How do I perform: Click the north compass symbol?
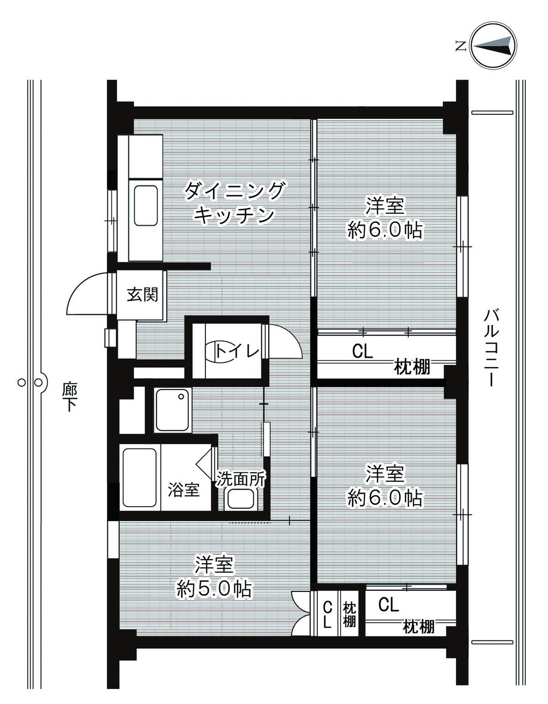[x=494, y=46]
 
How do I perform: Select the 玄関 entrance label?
[x=142, y=294]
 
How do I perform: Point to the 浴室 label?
[x=183, y=490]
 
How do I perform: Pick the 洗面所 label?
[x=241, y=479]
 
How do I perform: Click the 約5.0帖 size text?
[x=214, y=590]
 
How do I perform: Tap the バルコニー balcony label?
[x=491, y=347]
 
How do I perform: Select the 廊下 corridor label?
[x=69, y=396]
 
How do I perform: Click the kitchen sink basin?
[x=146, y=206]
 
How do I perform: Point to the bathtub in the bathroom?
[x=140, y=477]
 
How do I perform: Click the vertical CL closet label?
[x=327, y=615]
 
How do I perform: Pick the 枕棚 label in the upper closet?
[x=412, y=367]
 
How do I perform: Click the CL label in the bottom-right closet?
[x=388, y=605]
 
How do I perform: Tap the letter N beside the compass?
[x=460, y=45]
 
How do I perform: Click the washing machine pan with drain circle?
[x=172, y=410]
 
